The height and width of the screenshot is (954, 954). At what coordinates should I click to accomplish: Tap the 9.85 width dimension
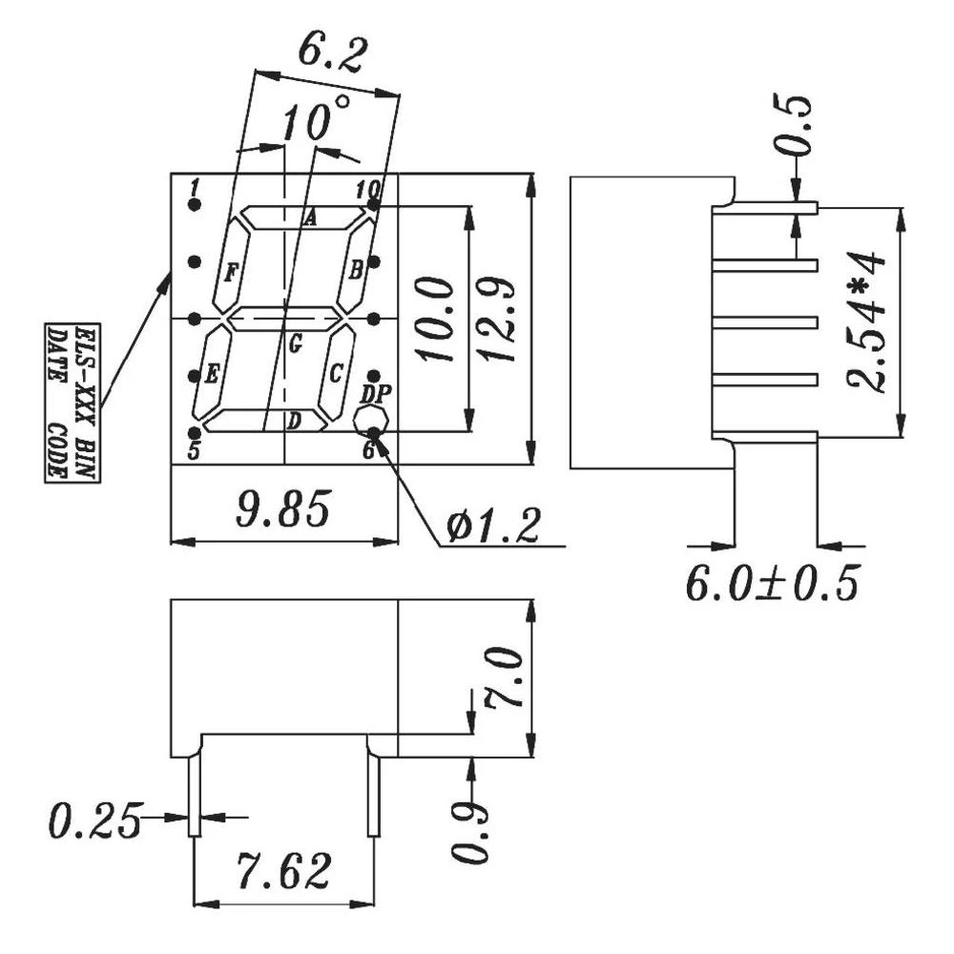[283, 510]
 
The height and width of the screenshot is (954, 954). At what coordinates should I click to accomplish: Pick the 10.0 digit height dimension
[435, 320]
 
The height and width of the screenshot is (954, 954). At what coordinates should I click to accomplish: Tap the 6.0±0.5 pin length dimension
[772, 583]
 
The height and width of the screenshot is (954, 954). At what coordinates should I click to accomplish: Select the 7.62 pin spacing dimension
[284, 870]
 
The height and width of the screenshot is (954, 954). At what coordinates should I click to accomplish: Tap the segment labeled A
[309, 218]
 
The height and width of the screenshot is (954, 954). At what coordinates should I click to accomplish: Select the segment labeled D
[295, 420]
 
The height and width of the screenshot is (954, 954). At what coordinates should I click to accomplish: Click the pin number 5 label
[194, 451]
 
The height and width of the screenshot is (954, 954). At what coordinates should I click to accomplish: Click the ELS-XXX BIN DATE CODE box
[72, 402]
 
